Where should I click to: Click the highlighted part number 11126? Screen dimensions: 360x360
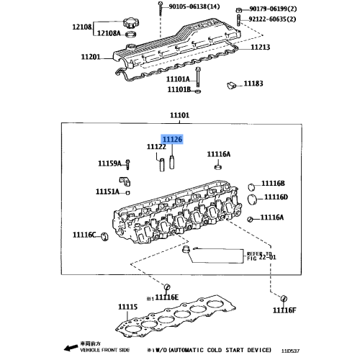pyautogui.click(x=172, y=139)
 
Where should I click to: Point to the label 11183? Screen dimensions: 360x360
pyautogui.click(x=253, y=84)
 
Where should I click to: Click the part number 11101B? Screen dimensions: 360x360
pyautogui.click(x=179, y=90)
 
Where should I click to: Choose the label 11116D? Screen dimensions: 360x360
pyautogui.click(x=274, y=197)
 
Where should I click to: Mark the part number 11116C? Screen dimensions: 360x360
pyautogui.click(x=86, y=235)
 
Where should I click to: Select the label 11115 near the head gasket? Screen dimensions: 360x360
pyautogui.click(x=127, y=307)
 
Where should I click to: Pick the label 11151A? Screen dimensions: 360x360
pyautogui.click(x=109, y=192)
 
